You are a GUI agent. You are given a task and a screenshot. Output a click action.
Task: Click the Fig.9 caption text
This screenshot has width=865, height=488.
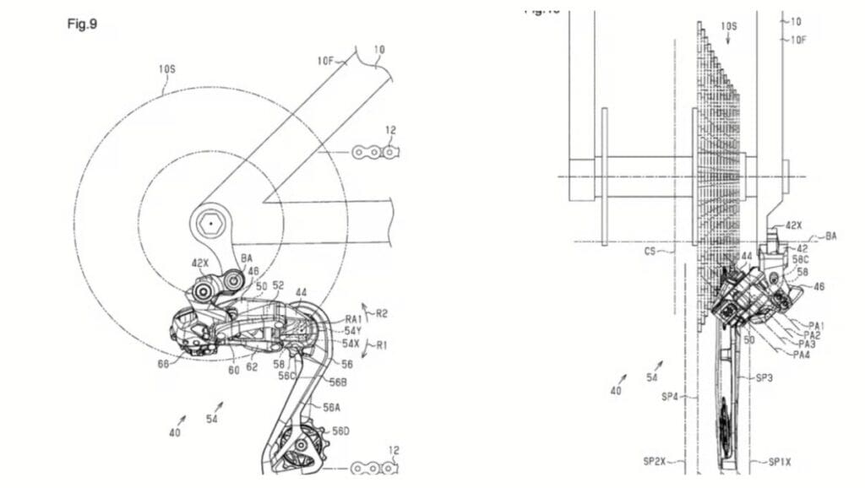82,24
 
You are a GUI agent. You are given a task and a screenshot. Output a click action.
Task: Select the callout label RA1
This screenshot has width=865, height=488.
353,320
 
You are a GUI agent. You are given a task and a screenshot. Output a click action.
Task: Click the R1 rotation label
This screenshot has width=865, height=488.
380,345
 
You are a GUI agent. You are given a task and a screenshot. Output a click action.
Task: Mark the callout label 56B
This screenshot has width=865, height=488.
338,382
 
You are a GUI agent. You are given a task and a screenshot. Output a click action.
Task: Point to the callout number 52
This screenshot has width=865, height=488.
279,285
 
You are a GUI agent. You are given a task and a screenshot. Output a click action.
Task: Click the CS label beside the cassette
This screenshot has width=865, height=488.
651,251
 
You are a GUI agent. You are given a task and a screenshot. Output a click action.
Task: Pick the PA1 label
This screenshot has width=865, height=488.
817,325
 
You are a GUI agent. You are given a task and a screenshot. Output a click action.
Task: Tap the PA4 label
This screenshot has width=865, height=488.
802,355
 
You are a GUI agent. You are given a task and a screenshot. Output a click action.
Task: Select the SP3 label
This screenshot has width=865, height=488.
763,379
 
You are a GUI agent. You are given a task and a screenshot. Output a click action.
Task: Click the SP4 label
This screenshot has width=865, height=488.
671,396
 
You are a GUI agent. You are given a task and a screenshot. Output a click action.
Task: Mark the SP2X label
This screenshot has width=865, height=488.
656,462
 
